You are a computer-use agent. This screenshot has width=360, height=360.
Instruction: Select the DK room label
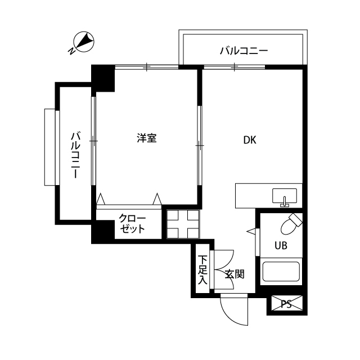(x=250, y=141)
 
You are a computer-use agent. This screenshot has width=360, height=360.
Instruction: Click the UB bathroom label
(x=280, y=245)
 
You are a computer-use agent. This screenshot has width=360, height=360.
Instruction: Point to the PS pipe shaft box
(x=286, y=304)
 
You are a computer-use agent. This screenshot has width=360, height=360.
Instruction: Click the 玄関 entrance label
(x=235, y=274)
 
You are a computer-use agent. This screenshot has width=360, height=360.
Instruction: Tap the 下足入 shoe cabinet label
(x=202, y=270)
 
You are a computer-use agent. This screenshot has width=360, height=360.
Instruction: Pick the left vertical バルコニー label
(x=75, y=155)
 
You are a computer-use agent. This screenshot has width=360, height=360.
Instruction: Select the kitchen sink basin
(x=285, y=196)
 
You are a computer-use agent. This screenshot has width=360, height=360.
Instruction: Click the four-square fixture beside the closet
(x=182, y=224)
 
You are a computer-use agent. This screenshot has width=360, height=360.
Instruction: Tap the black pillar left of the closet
(x=103, y=232)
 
